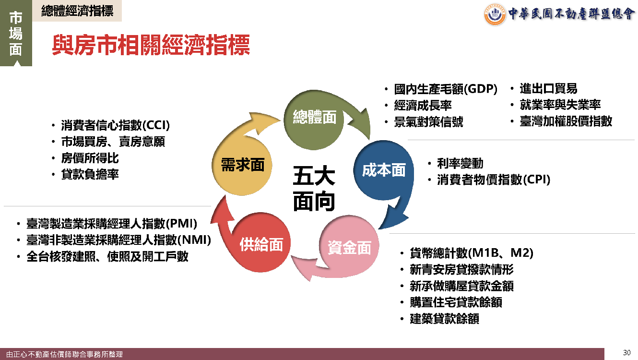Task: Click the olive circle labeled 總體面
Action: click(314, 120)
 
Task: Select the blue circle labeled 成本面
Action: click(384, 170)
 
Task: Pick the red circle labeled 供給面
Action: click(260, 242)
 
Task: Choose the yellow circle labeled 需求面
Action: click(242, 165)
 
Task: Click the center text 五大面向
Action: click(314, 189)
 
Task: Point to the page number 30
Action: click(626, 353)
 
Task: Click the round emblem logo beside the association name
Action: click(495, 14)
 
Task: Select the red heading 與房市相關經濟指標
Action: click(151, 45)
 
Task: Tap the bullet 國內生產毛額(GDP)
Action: click(446, 89)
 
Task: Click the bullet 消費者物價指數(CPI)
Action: click(494, 180)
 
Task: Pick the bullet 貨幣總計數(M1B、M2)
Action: click(472, 253)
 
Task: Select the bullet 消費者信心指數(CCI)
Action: click(115, 125)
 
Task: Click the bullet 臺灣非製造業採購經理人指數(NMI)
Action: click(119, 240)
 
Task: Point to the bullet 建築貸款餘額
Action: click(444, 319)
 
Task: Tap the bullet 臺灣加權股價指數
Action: click(566, 121)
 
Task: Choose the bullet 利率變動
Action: click(461, 163)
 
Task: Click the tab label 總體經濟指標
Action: click(77, 11)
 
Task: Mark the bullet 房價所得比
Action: click(90, 158)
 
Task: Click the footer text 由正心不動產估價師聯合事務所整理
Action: click(64, 354)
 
